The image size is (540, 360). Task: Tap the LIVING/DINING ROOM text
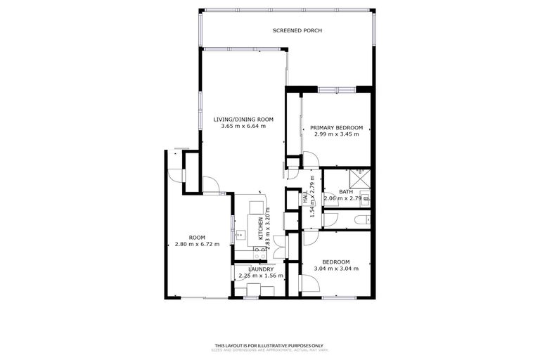pos(243,120)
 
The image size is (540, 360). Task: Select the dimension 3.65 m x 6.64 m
pos(243,127)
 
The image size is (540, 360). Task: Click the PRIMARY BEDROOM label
pos(336,127)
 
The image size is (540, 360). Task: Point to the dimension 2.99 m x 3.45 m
pos(336,134)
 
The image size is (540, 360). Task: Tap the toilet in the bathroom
pos(360,220)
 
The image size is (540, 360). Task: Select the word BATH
pos(345,191)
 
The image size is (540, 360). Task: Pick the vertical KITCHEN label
pos(261,229)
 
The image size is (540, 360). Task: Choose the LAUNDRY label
pos(260,269)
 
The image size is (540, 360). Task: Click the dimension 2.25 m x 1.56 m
pos(260,276)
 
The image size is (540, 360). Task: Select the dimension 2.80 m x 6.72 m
pos(197,244)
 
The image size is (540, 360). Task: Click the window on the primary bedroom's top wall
pos(337,89)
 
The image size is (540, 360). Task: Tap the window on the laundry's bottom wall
pos(251,298)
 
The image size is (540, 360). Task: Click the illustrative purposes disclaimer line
pos(269,345)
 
